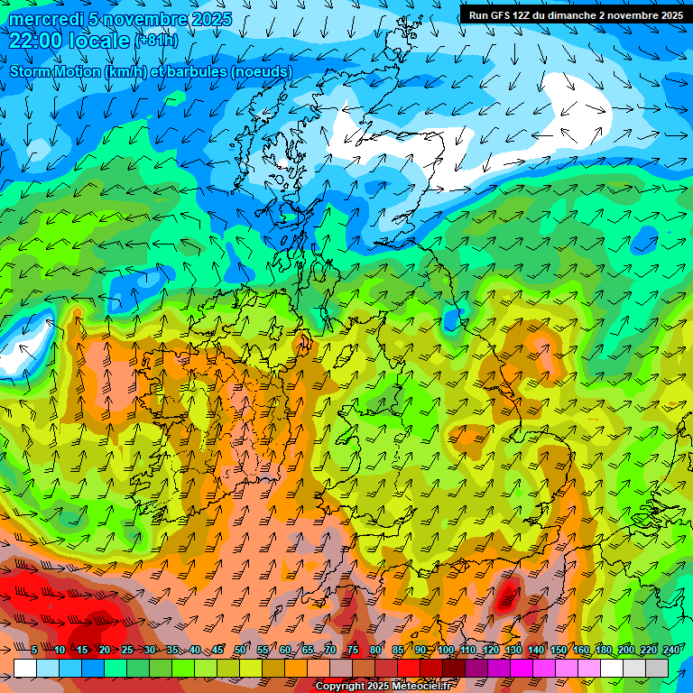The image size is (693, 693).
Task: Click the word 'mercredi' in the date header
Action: pos(42,20)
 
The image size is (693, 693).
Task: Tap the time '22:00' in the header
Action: pos(35,41)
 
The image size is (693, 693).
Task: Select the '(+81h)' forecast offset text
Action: pos(156,41)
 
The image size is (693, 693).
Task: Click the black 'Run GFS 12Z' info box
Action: pos(574,15)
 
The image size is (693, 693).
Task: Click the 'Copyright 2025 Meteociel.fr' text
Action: pos(383,687)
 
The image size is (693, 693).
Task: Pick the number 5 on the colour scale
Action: pos(33,650)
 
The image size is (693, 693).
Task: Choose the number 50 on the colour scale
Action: pos(240,650)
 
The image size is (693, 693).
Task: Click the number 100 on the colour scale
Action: pos(446,650)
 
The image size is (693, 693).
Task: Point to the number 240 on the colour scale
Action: pos(671,650)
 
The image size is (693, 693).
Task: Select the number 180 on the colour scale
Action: pos(604,650)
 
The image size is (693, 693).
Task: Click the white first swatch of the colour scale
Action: pos(25,668)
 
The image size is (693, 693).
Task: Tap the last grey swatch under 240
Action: pos(657,668)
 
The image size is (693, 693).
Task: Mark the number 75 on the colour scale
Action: pos(353,650)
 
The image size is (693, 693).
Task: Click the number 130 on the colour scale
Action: pos(513,650)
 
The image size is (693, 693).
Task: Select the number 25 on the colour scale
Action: pos(126,650)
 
